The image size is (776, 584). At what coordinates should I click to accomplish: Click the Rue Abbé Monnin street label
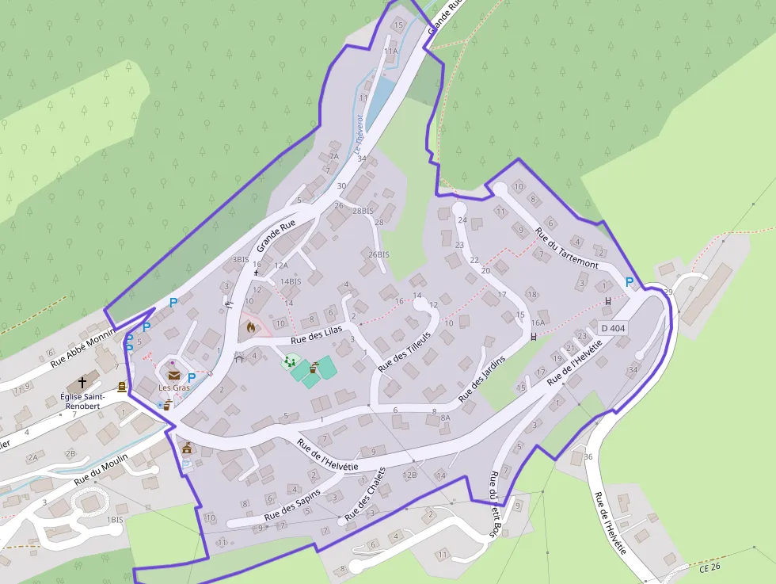click(82, 348)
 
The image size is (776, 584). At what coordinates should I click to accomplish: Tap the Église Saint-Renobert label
click(82, 401)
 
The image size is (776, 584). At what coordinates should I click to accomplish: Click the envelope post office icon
click(173, 375)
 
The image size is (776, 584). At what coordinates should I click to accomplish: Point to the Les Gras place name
click(174, 387)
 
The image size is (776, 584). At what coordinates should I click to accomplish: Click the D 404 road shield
click(613, 328)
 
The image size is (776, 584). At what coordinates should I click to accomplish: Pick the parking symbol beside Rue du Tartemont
click(630, 281)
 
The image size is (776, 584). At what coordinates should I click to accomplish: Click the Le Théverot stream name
click(358, 135)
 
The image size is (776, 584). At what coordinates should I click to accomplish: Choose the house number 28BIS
click(363, 211)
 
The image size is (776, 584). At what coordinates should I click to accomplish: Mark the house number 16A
click(538, 323)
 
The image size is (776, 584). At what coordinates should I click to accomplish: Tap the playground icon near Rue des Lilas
click(290, 361)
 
